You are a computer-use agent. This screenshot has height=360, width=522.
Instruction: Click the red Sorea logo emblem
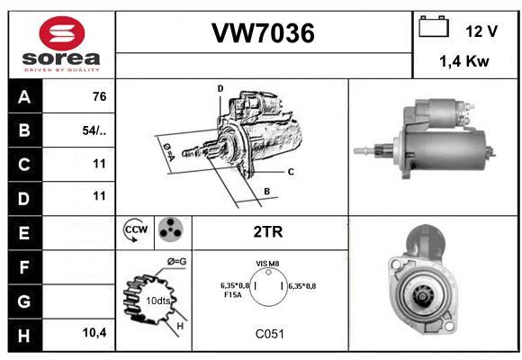62,33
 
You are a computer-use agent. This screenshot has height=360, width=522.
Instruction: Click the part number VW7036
263,33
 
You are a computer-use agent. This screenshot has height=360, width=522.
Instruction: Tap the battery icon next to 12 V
434,26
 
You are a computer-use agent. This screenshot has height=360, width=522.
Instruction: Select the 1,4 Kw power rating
464,61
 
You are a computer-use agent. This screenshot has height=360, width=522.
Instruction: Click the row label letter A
24,97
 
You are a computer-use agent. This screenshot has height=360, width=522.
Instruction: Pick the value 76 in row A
100,96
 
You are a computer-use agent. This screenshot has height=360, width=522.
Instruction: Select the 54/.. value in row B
94,130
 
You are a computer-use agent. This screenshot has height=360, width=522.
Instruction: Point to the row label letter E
24,233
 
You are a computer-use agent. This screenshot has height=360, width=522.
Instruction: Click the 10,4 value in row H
94,332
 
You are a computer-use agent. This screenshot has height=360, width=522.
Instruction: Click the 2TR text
268,232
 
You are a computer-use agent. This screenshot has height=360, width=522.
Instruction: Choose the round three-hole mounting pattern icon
171,229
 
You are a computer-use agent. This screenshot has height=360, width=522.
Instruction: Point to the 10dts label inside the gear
158,301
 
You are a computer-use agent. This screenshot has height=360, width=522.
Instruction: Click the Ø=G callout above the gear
176,262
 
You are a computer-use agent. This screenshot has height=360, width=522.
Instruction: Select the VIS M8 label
267,264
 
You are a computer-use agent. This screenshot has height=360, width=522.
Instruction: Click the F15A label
233,294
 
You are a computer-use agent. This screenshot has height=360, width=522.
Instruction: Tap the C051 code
270,334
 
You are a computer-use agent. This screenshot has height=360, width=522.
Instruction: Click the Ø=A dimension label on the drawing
169,152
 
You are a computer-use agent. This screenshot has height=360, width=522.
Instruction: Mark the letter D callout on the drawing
220,88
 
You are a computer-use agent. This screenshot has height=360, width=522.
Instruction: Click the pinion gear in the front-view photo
422,295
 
